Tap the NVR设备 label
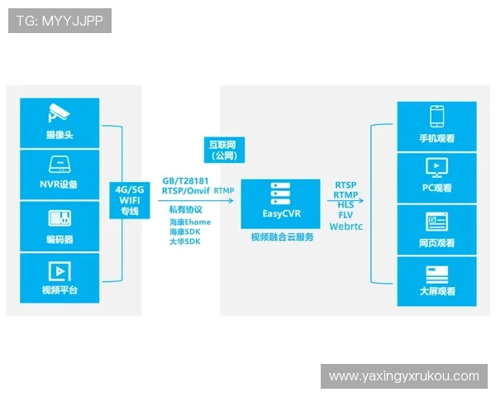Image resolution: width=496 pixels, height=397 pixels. click(59, 184)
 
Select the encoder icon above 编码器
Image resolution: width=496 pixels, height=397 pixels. click(59, 219)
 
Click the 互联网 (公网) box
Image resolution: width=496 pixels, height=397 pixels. click(224, 149)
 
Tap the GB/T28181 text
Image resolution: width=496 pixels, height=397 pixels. click(186, 180)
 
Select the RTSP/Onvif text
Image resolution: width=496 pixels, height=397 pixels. click(186, 191)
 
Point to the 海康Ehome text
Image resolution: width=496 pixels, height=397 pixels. click(189, 222)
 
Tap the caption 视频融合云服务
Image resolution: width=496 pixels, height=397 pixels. click(281, 237)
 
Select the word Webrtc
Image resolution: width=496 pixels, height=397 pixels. click(346, 225)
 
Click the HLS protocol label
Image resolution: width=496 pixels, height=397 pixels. click(346, 204)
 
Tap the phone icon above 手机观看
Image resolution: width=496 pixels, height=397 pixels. click(436, 115)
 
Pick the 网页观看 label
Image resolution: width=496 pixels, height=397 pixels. click(436, 243)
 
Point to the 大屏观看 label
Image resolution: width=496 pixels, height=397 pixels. click(436, 291)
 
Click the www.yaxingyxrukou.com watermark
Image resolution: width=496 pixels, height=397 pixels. click(403, 376)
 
